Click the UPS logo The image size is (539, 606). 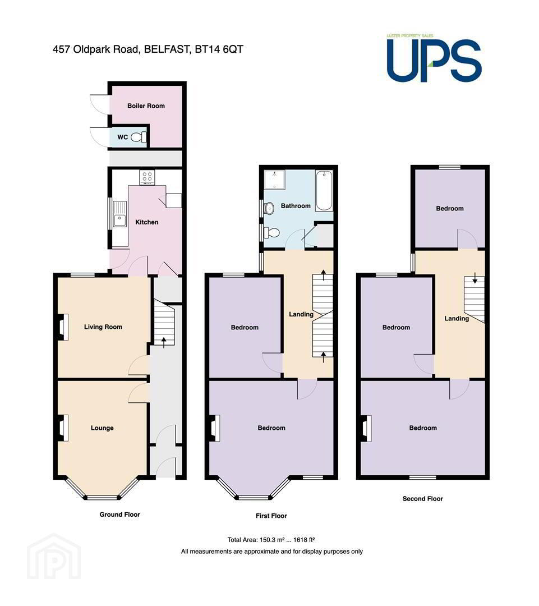pos(434,58)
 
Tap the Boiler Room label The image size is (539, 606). pos(146,106)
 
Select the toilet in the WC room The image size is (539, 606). pos(139,137)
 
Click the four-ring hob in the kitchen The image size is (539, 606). pos(147,177)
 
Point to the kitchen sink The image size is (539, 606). pos(120,214)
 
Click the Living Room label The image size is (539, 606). pos(103,327)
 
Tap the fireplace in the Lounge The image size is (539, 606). pos(63,428)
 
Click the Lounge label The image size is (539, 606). pos(102,428)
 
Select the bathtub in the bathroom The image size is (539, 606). pos(324,191)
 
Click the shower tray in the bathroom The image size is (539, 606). pos(275,180)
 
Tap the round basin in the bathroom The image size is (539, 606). pos(269,208)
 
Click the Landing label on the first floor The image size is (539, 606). pos(301,314)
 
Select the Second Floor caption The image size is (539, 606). pos(423,499)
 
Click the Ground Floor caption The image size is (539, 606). pos(120,515)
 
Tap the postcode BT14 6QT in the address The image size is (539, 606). pos(219,49)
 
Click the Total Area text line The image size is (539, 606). pos(271,540)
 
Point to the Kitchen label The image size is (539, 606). pos(147,222)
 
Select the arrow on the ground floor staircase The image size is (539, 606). pos(164,342)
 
